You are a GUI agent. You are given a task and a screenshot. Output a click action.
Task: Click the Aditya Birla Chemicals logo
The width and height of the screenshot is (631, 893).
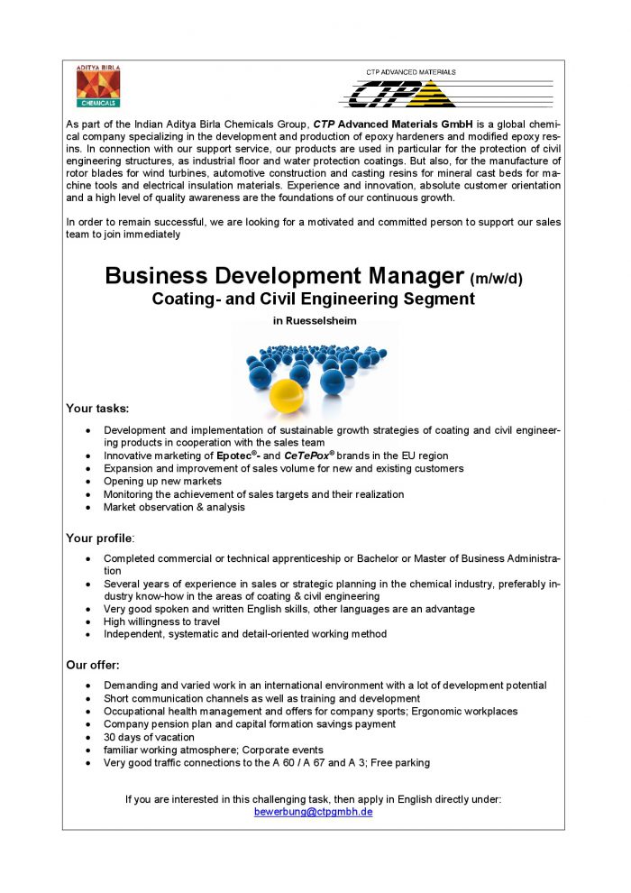pyautogui.click(x=98, y=87)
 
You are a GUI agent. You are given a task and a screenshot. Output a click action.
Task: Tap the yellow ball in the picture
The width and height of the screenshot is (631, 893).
pyautogui.click(x=286, y=393)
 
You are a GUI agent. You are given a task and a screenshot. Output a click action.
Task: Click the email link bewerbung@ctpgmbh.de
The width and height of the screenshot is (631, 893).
pyautogui.click(x=314, y=812)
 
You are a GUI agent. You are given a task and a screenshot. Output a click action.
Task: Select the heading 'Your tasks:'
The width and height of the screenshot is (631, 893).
pyautogui.click(x=97, y=409)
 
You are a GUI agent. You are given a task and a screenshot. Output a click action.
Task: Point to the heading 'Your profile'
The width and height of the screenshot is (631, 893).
pyautogui.click(x=99, y=539)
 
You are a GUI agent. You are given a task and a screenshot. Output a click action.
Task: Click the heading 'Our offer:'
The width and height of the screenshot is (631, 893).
pyautogui.click(x=94, y=665)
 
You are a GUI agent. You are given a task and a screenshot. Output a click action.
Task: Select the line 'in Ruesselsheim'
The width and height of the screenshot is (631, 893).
pyautogui.click(x=314, y=320)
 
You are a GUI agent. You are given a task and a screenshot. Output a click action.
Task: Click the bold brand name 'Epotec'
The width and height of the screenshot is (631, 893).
pyautogui.click(x=237, y=456)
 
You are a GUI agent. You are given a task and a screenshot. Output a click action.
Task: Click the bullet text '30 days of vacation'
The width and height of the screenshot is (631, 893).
pyautogui.click(x=149, y=737)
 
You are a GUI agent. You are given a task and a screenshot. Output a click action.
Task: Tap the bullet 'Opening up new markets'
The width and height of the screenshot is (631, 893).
pyautogui.click(x=162, y=482)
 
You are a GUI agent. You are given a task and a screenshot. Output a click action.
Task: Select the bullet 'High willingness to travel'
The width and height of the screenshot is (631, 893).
pyautogui.click(x=162, y=621)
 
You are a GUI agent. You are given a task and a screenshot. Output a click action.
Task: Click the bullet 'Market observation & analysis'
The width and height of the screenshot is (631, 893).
pyautogui.click(x=174, y=507)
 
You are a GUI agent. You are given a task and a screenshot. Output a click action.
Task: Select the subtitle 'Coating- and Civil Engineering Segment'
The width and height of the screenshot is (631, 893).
pyautogui.click(x=313, y=299)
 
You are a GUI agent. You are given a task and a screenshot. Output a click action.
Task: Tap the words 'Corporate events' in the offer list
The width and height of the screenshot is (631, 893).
pyautogui.click(x=283, y=750)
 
